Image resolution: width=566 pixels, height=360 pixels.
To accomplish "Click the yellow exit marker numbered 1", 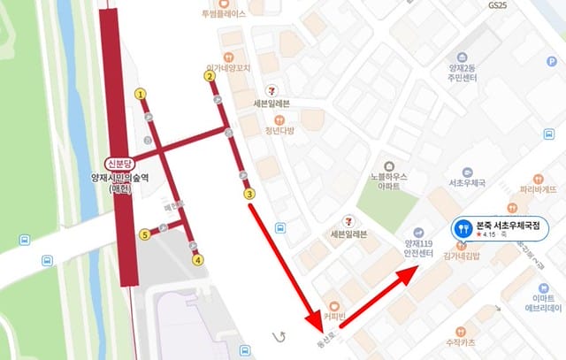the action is point(140,94).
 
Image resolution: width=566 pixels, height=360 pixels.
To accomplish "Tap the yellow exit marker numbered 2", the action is point(210,76).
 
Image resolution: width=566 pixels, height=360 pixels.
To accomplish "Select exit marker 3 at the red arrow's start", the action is point(249,195).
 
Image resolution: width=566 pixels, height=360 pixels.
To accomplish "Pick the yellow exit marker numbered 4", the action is point(198,260).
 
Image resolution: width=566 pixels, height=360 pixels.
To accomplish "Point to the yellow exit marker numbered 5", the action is point(144,234).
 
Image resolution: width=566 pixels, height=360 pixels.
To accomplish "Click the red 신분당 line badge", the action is point(118,164).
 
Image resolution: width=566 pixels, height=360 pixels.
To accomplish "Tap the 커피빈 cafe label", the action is point(333,317).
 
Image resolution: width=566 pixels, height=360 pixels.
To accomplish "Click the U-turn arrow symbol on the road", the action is point(282,336).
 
